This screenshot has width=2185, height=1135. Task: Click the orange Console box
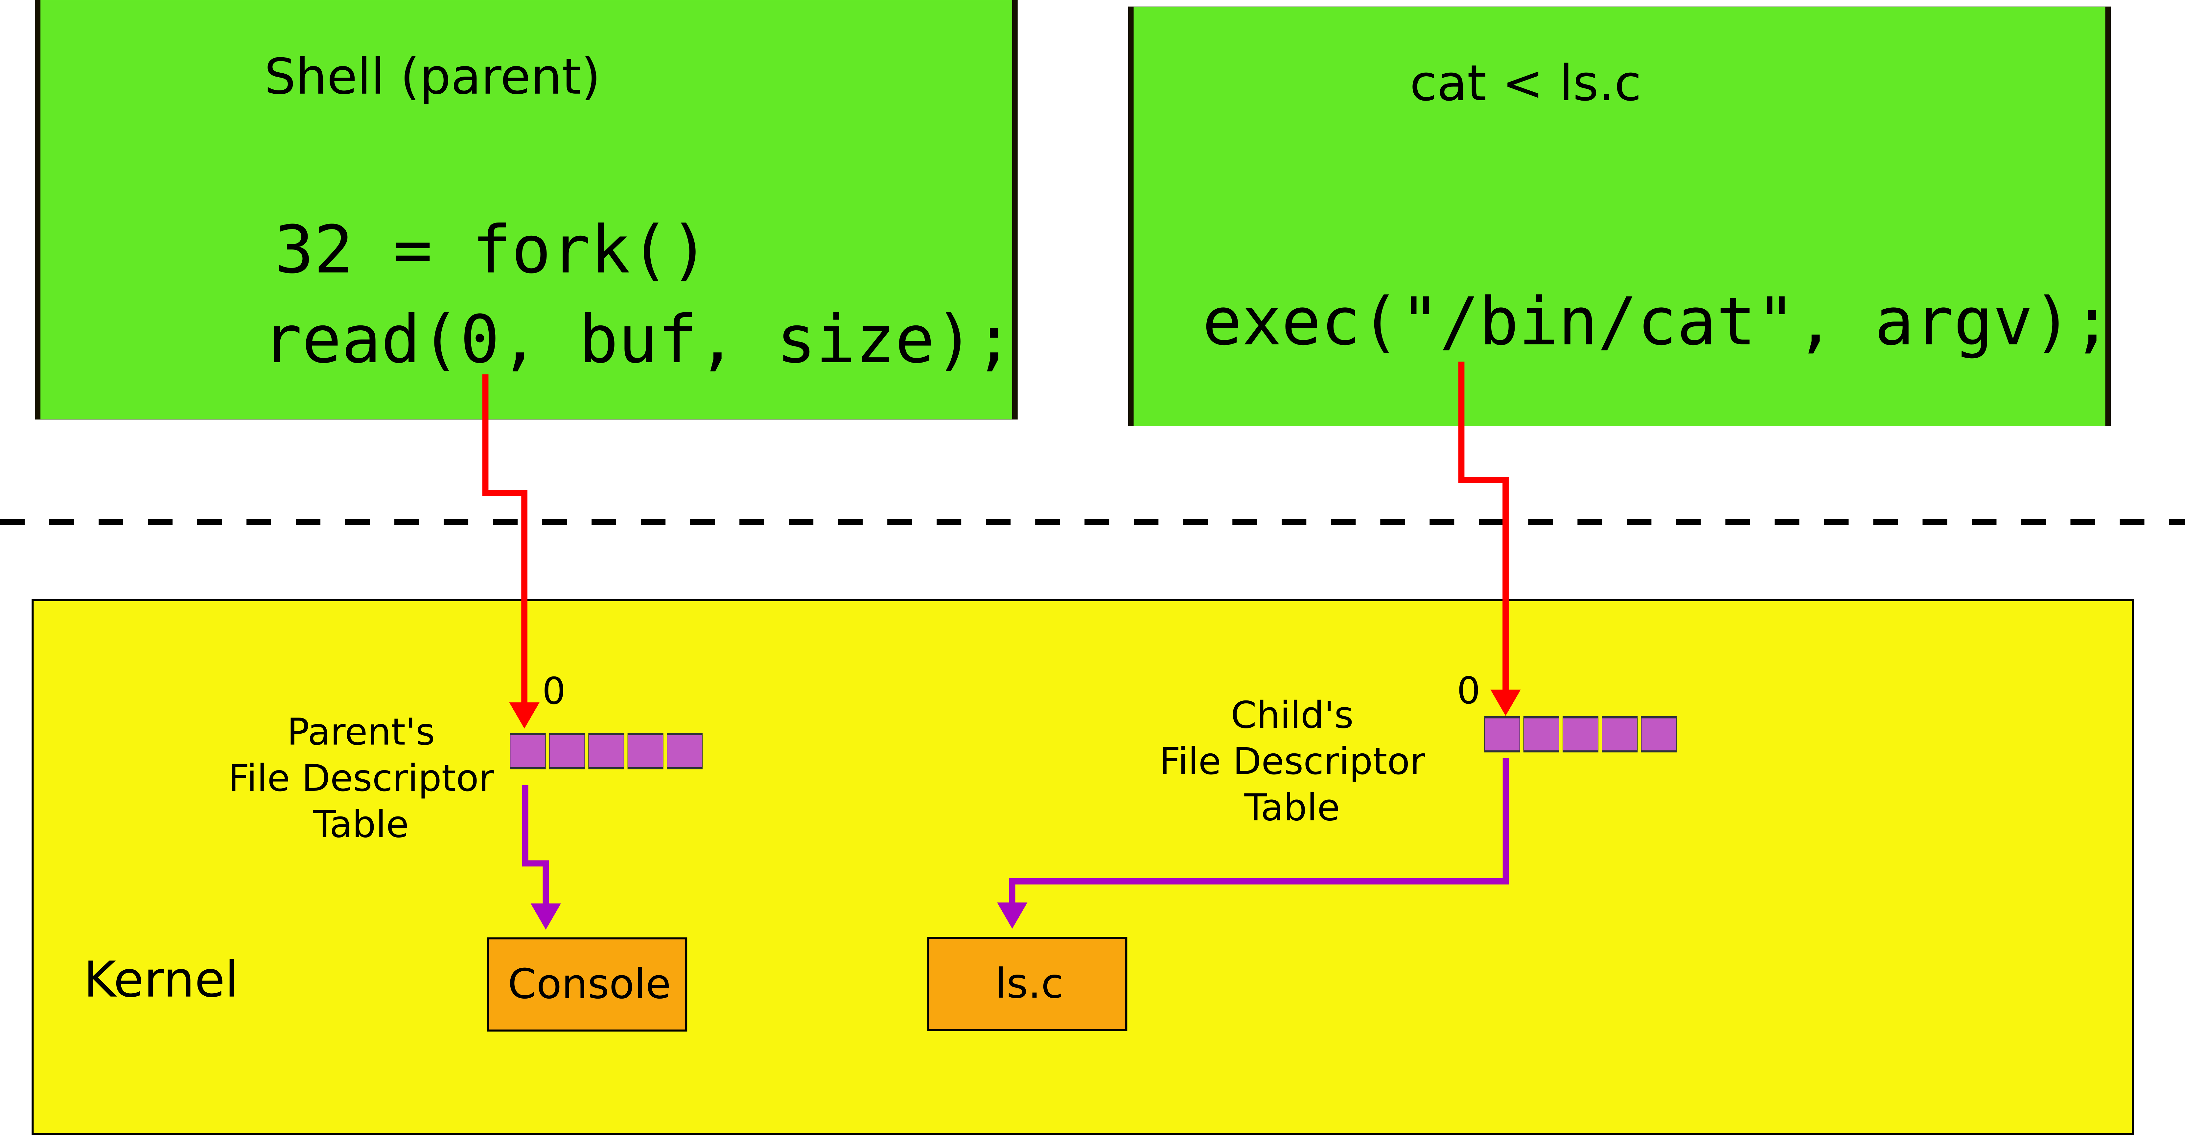tap(587, 984)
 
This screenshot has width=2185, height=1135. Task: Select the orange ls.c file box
tap(1027, 984)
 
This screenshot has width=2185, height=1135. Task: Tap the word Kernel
tap(161, 980)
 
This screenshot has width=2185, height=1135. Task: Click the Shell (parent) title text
tap(432, 77)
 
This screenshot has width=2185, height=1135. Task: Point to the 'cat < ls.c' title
tap(1524, 84)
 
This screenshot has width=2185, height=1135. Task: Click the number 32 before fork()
tap(313, 250)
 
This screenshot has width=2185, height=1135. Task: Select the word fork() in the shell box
tap(588, 250)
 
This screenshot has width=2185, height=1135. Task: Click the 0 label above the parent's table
tap(554, 691)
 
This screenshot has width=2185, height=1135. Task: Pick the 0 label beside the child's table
tap(1468, 691)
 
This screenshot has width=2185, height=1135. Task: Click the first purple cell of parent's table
tap(527, 751)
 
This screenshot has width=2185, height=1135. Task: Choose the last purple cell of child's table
tap(1658, 734)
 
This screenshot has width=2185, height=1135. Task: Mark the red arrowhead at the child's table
tap(1505, 701)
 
